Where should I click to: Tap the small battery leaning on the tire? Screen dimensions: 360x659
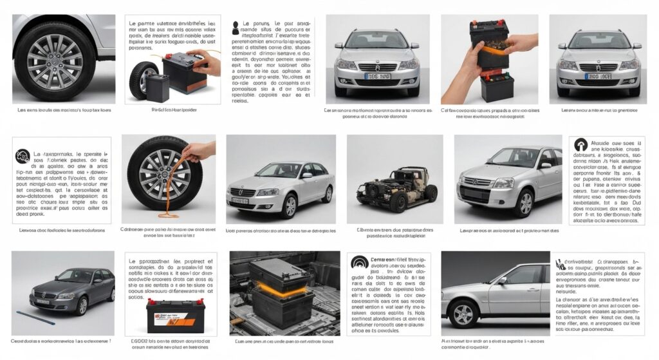click(157, 86)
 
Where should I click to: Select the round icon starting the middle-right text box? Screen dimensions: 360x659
click(580, 145)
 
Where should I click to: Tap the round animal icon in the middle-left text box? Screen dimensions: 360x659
click(23, 155)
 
